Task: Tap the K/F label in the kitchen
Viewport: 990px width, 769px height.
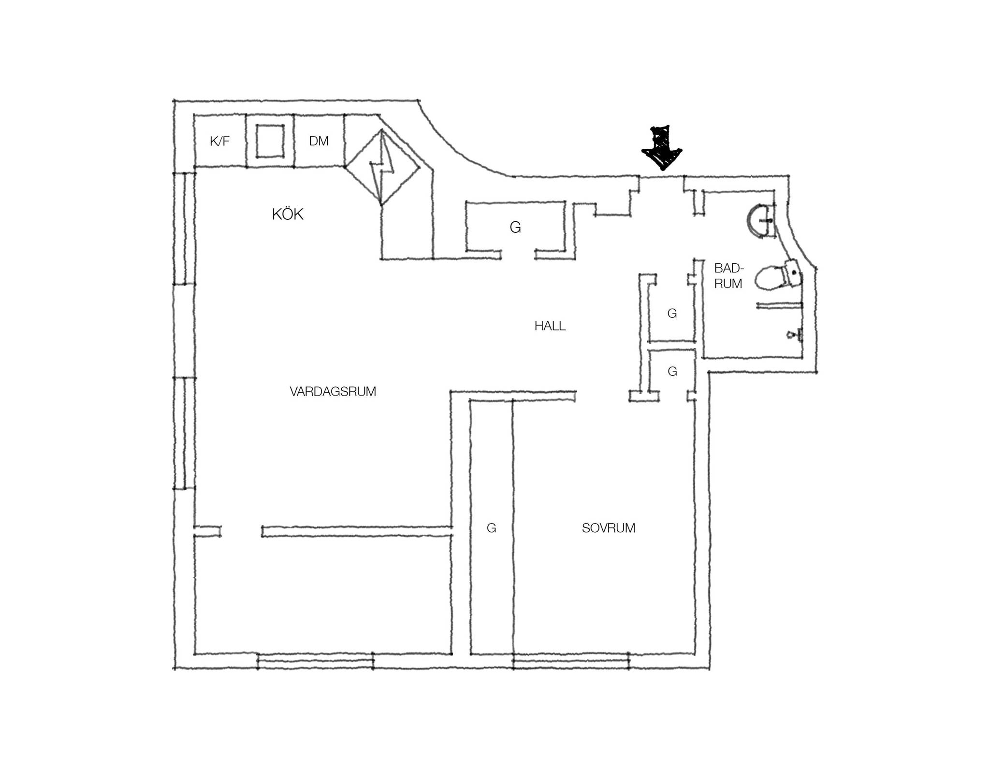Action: tap(219, 141)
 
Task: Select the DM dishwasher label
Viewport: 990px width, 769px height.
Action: tap(319, 141)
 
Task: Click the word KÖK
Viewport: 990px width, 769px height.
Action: tap(288, 214)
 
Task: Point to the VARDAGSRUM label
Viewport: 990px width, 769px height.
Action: tap(333, 391)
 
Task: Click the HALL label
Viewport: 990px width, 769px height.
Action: tap(550, 326)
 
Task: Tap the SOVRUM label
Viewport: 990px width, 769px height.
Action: tap(608, 528)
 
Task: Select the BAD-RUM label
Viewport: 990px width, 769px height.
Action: tap(728, 276)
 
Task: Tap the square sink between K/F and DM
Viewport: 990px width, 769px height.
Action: tap(270, 141)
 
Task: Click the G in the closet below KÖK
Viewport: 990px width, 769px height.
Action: tap(515, 227)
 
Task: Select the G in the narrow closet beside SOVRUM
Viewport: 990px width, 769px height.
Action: tap(491, 528)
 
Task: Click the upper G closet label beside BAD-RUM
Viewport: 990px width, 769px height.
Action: tap(672, 313)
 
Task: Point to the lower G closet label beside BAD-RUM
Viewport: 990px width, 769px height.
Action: tap(672, 371)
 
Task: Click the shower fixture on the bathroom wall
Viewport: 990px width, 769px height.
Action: tap(795, 334)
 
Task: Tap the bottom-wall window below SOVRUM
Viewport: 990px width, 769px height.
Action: tap(571, 661)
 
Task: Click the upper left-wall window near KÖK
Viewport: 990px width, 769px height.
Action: tap(185, 228)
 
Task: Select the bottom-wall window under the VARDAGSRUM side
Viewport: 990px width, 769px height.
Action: tap(315, 661)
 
